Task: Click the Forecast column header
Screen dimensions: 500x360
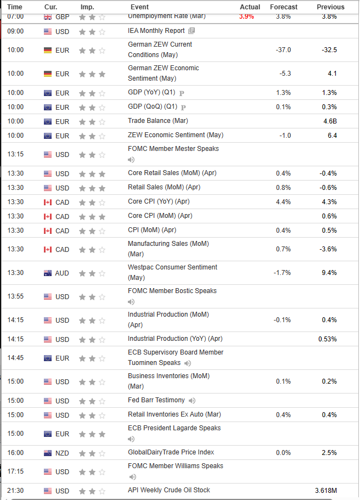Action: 284,7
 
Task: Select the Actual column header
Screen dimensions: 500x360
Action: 250,7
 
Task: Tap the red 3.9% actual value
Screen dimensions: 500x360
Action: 246,16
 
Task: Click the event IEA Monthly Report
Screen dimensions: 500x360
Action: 156,31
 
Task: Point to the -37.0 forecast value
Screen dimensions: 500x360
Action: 283,50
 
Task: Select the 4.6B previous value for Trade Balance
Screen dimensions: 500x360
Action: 329,121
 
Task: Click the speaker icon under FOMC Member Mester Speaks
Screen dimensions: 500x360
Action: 131,160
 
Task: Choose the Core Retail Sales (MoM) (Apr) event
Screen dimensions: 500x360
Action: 172,173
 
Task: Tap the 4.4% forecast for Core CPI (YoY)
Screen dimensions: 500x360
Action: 284,202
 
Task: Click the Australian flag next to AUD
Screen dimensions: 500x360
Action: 48,273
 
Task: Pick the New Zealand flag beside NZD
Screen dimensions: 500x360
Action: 48,453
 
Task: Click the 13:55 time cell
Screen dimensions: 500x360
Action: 15,296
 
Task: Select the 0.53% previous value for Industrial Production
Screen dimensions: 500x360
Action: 328,339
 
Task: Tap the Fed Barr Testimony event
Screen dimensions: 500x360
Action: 156,400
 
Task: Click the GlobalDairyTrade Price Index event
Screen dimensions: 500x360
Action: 171,452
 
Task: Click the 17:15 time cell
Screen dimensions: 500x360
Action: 15,471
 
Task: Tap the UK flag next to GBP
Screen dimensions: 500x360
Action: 48,17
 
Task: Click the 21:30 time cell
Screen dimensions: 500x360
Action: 15,490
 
